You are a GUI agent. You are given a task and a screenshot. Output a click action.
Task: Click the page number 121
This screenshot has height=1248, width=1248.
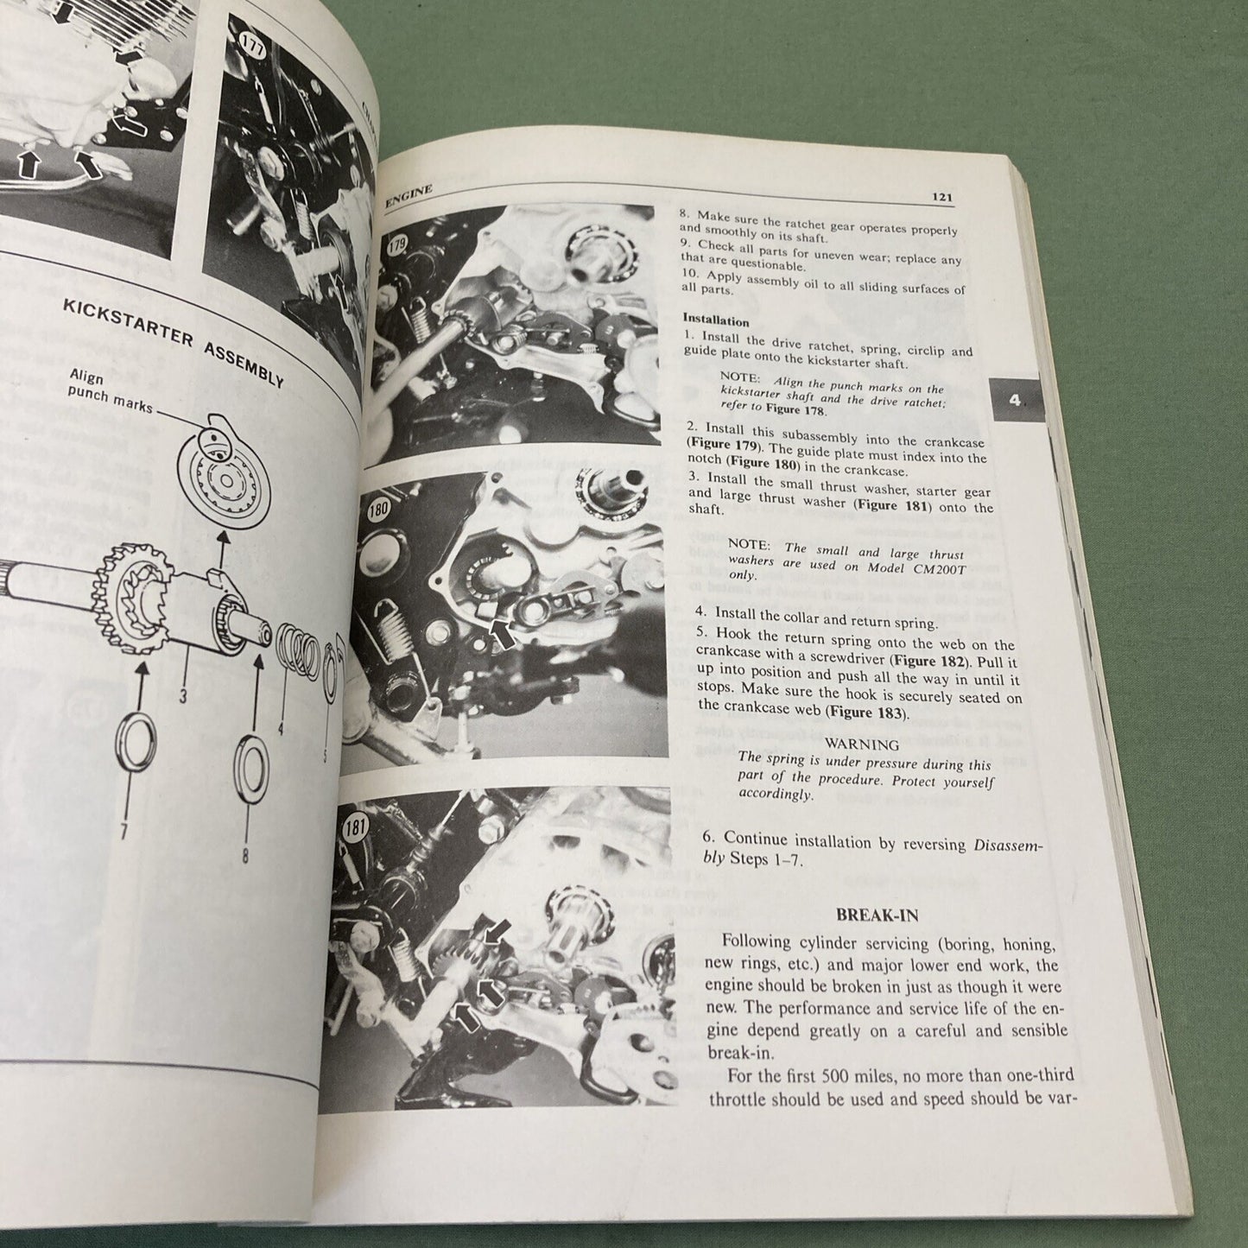(941, 198)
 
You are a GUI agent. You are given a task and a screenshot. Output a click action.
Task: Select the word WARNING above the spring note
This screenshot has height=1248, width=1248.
(863, 744)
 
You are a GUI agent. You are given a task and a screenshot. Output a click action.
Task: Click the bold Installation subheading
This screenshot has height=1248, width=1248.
(716, 320)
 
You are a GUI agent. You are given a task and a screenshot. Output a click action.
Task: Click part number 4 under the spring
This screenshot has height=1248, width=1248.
(281, 728)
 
